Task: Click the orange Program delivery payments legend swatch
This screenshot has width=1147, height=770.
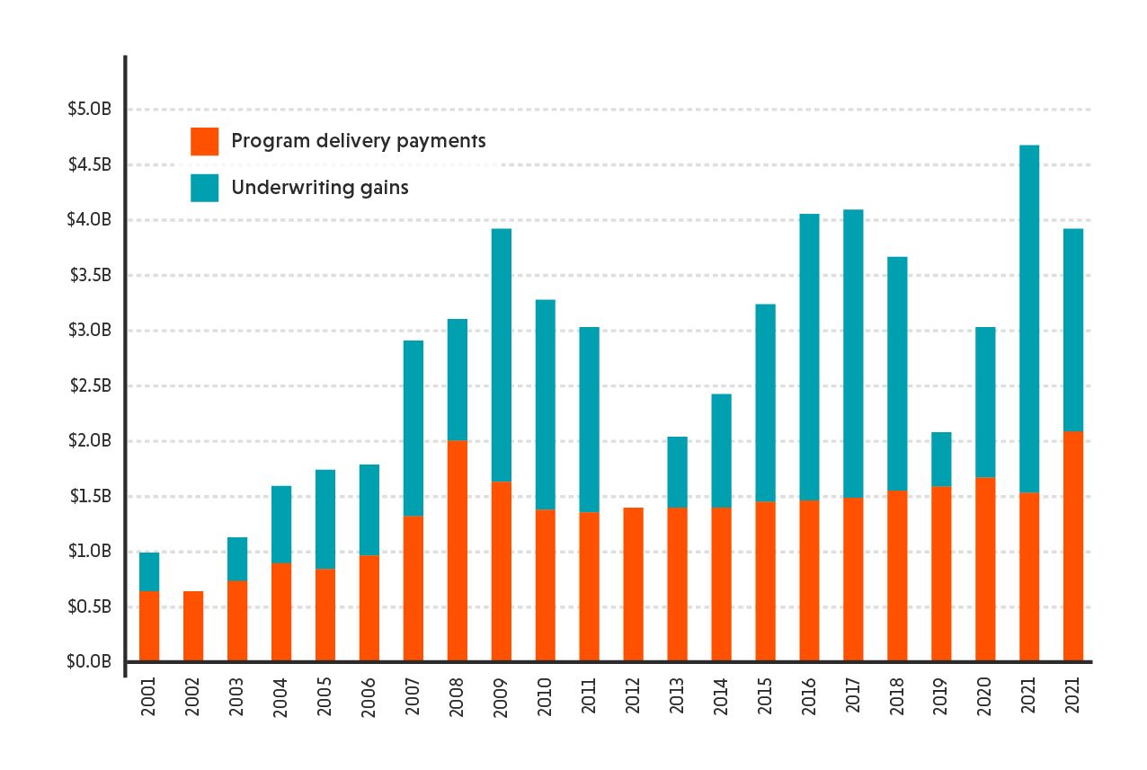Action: pos(204,141)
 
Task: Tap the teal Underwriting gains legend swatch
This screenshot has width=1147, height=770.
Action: pos(204,188)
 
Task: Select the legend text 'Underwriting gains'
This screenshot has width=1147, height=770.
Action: pos(319,188)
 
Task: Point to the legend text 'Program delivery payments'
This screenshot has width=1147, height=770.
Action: pos(358,141)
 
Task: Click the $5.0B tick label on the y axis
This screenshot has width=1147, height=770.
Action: pos(89,110)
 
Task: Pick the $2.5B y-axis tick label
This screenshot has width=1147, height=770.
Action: pos(89,386)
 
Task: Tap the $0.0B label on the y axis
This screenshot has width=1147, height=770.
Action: pos(89,662)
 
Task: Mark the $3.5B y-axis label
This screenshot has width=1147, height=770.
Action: pos(89,276)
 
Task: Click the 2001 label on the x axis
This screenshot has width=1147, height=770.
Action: pos(149,696)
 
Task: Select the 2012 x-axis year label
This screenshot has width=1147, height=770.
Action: pos(634,696)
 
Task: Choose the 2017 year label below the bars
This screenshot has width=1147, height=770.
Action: pos(854,696)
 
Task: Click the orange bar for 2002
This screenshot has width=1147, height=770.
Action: pos(193,626)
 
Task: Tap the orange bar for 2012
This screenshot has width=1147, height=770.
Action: pos(634,584)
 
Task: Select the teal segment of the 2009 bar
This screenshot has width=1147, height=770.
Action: pos(502,355)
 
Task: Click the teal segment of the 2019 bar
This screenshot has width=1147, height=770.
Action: pos(941,459)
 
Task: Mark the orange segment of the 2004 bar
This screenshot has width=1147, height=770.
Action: pos(281,612)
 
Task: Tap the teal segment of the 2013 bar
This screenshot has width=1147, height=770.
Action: pos(678,472)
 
